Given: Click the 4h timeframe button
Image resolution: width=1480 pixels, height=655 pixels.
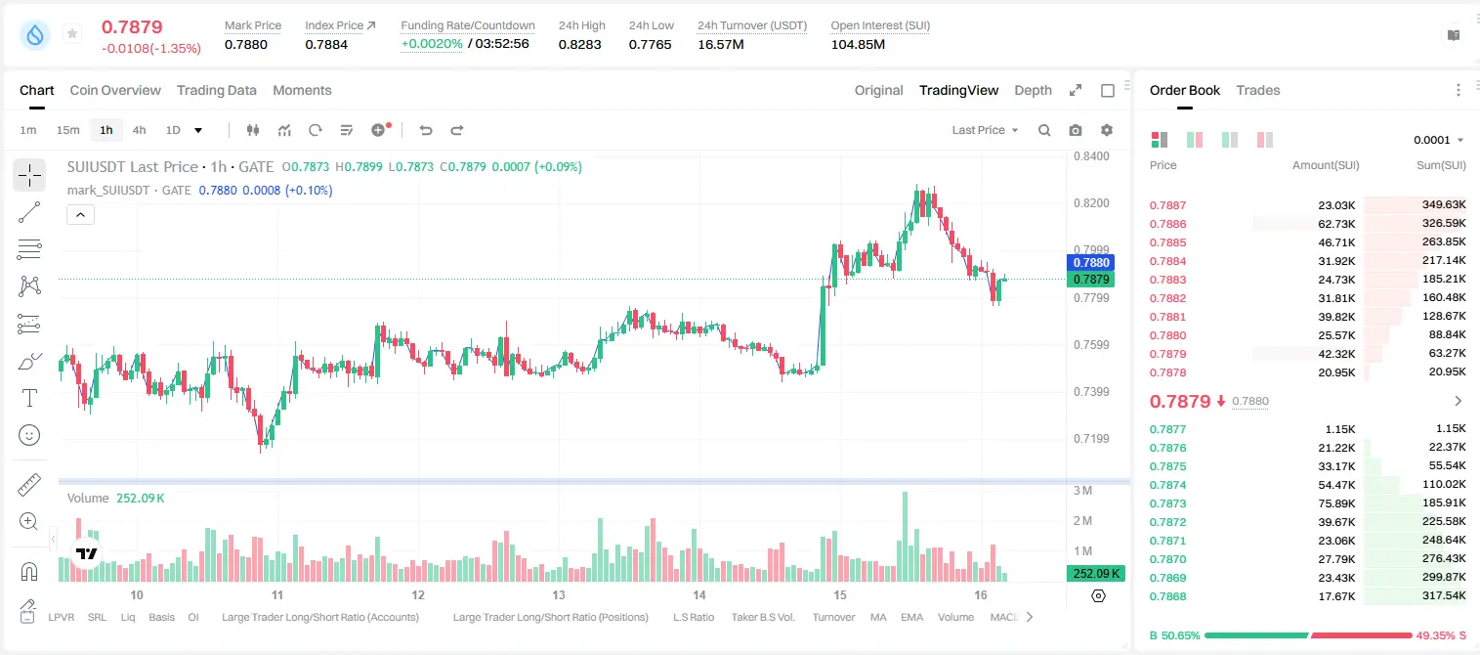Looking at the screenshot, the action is point(139,130).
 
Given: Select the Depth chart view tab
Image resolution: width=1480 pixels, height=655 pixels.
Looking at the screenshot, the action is point(1033,91).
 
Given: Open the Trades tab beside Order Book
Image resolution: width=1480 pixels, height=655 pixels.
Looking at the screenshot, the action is point(1257,91).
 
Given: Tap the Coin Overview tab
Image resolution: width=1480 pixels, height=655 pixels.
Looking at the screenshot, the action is point(115,91).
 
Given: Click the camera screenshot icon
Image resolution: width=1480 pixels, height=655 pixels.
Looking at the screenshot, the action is point(1075,130).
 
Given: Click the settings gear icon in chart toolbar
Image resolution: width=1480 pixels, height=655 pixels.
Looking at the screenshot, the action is point(1107,130).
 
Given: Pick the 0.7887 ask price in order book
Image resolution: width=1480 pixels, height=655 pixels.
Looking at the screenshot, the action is point(1167,205).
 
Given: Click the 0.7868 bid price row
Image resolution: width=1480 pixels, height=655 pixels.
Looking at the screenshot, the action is point(1167,596).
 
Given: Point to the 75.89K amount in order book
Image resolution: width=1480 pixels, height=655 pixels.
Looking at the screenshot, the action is point(1336,503).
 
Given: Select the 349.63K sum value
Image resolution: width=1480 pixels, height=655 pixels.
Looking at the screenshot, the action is point(1444,205).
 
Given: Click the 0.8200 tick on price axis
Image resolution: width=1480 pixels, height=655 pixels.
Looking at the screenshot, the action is point(1091,203).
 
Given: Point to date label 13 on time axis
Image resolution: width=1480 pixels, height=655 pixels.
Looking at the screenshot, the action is point(559,594).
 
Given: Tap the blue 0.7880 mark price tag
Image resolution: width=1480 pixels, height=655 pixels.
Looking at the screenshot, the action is point(1091,262).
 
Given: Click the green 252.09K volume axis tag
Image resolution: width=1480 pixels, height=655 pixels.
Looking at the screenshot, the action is point(1096,574).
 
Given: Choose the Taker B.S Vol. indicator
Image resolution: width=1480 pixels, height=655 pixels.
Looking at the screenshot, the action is point(762,617).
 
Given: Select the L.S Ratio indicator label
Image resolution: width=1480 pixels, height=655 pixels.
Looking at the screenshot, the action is point(693,617).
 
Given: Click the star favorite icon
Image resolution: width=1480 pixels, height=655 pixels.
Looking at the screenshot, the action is point(72,33).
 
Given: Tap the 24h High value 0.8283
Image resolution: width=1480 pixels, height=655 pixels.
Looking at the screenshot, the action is point(579,44).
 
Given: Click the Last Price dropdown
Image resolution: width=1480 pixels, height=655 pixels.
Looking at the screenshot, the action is point(985,130).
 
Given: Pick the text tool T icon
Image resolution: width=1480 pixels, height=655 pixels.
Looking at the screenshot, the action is point(29,398).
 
